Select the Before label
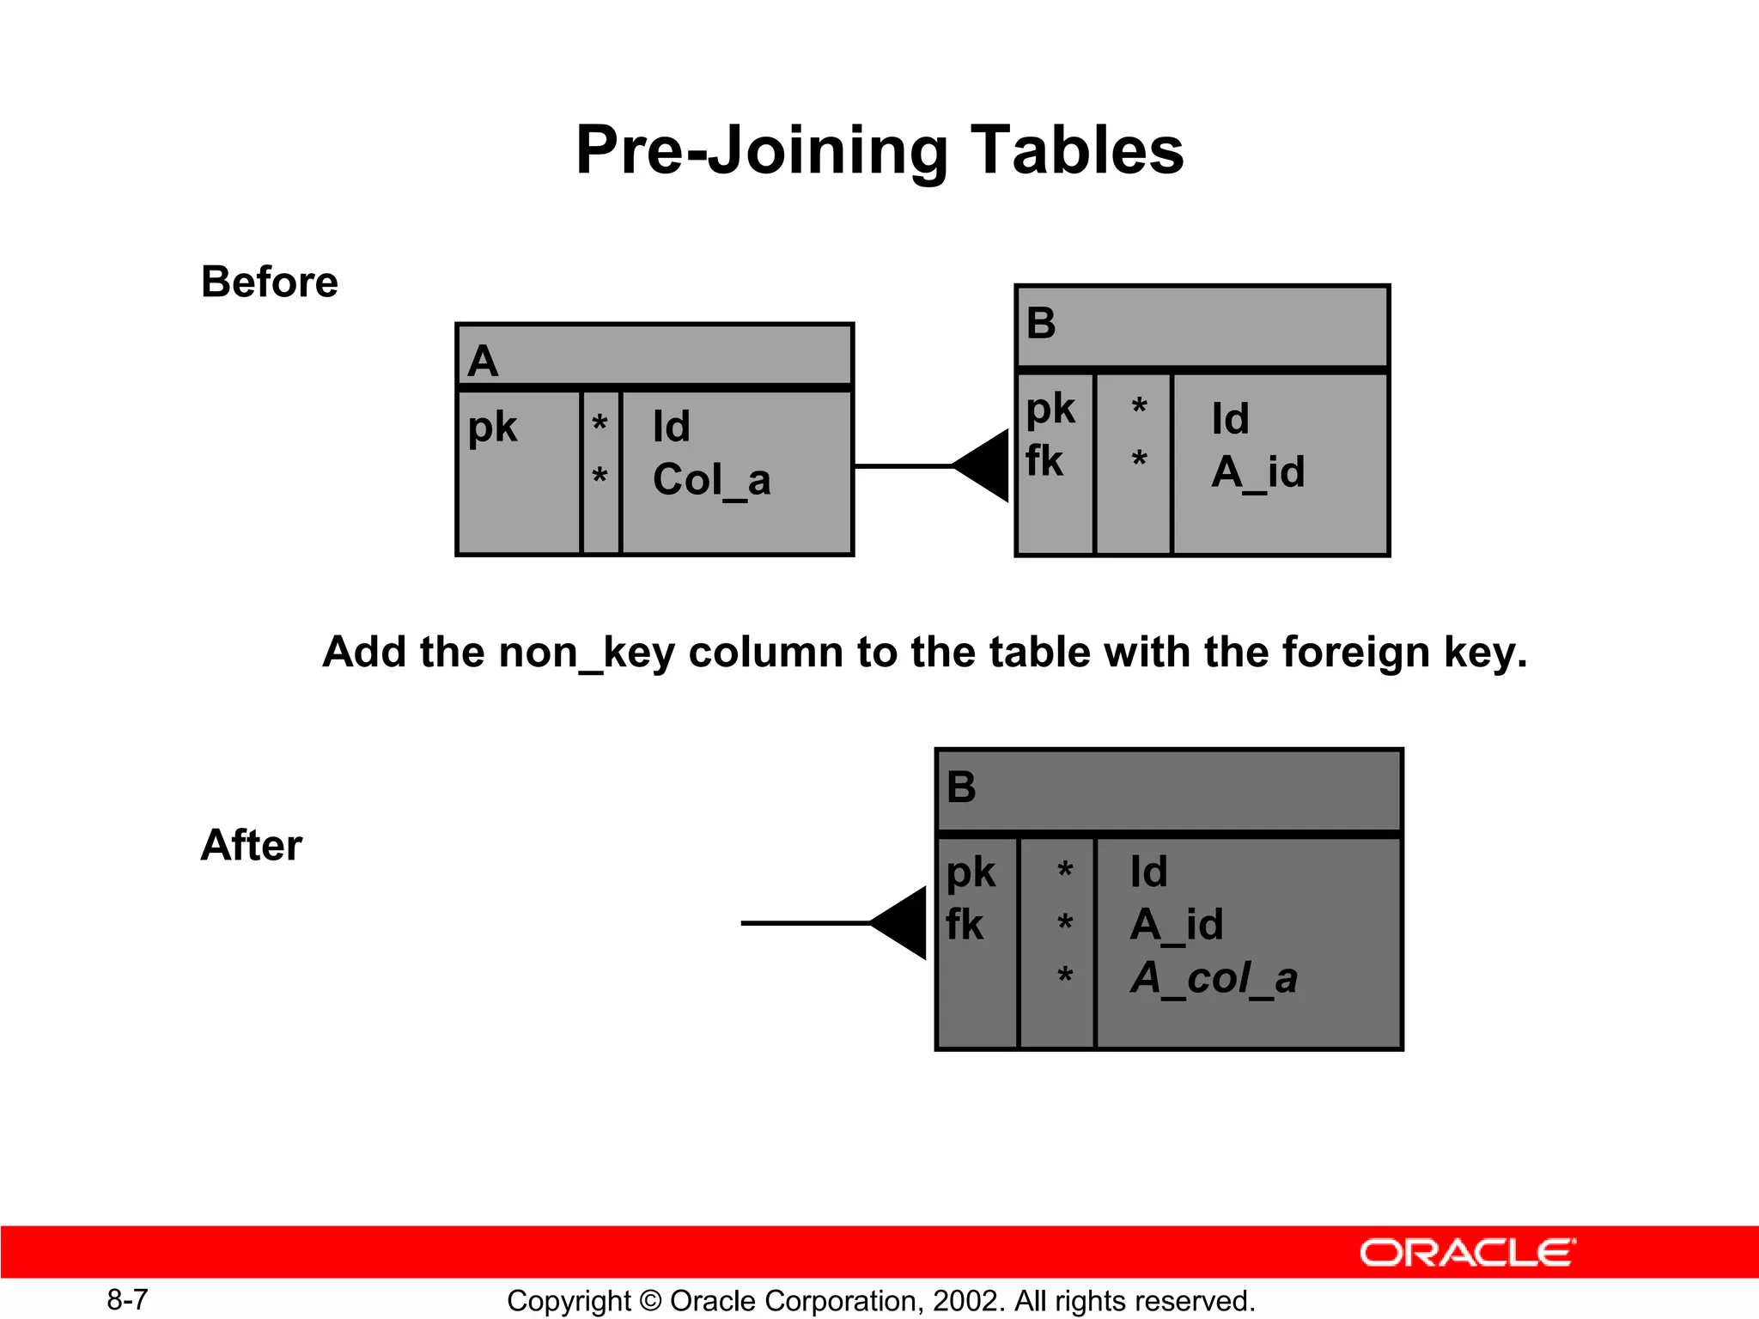point(269,282)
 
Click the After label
point(251,845)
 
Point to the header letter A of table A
point(483,361)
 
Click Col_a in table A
point(711,480)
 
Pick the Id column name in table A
point(671,427)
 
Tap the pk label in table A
point(492,427)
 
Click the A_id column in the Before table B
point(1258,472)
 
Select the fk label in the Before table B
point(1044,462)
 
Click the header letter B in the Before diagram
point(1041,324)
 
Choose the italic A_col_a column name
point(1214,978)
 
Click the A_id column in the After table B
point(1176,925)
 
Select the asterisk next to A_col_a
point(1065,976)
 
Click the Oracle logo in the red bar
point(1467,1253)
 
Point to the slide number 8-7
point(127,1300)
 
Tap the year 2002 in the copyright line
point(967,1301)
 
